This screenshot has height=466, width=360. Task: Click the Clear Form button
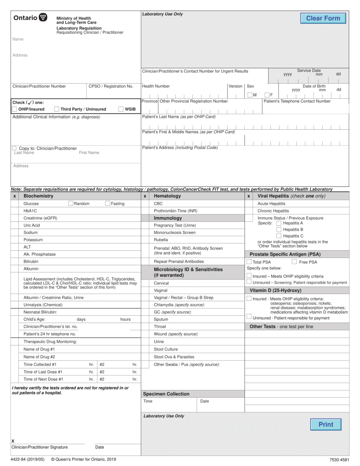[323, 18]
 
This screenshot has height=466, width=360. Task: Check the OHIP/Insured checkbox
[15, 109]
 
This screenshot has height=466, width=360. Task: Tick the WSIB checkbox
[121, 109]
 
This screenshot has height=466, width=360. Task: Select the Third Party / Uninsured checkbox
[56, 109]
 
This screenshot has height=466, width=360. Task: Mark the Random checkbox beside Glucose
[71, 203]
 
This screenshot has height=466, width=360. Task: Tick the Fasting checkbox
[107, 203]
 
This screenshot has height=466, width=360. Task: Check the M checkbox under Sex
[250, 95]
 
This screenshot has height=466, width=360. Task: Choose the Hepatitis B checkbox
[279, 229]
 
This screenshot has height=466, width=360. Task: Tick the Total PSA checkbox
[249, 262]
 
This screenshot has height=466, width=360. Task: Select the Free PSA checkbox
[294, 262]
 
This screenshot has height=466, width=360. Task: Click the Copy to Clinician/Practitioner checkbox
[15, 148]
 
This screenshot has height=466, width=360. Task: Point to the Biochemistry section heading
[38, 196]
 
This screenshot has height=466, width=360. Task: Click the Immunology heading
[167, 218]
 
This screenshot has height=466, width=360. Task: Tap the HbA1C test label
[30, 211]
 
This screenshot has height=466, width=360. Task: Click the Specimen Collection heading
[166, 394]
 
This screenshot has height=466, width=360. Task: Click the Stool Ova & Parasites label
[174, 357]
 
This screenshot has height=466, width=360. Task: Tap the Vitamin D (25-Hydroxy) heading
[275, 290]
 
